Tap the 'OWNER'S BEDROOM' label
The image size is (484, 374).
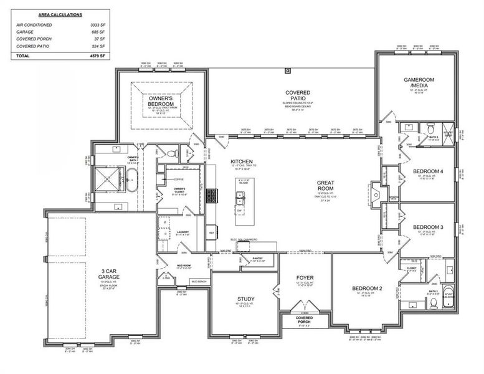click(x=164, y=101)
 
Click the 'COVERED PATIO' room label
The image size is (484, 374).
click(x=298, y=96)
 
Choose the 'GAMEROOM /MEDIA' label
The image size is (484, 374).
click(x=419, y=83)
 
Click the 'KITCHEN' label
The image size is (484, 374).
click(x=241, y=161)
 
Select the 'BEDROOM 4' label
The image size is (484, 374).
click(x=429, y=171)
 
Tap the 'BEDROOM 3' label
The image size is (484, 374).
click(x=429, y=227)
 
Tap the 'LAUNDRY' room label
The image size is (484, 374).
click(x=183, y=232)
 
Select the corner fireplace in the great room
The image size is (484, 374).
click(x=376, y=190)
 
